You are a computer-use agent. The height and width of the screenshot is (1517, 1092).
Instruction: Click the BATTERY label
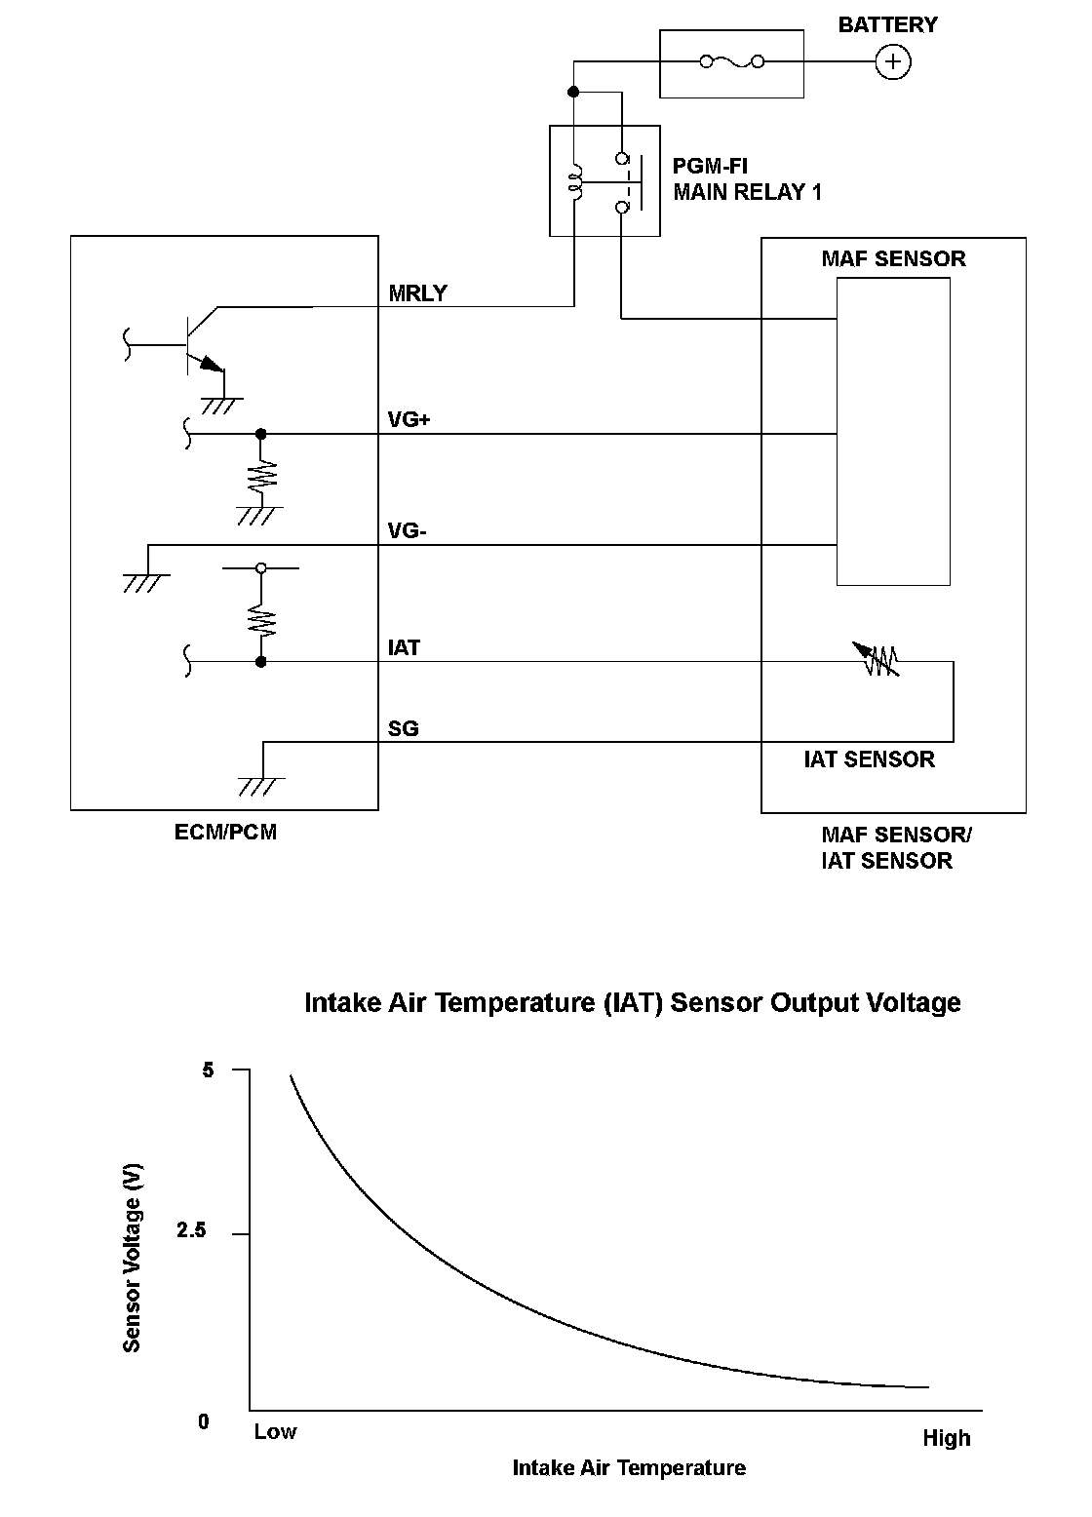pos(887,25)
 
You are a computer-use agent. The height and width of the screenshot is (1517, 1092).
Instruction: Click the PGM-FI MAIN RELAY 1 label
pos(747,179)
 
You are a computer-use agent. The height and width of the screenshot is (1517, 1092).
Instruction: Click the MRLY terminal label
pos(417,293)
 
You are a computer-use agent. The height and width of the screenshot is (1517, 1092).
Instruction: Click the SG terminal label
pos(403,728)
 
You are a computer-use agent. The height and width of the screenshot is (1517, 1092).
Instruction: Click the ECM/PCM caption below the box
pos(225,833)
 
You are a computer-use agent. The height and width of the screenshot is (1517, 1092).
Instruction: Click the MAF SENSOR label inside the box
pos(893,259)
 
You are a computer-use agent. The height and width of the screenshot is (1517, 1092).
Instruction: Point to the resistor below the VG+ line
pos(260,474)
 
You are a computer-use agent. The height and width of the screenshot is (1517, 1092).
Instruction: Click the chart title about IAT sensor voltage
pos(632,1003)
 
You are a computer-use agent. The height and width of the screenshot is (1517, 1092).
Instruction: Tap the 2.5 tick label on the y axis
pos(191,1231)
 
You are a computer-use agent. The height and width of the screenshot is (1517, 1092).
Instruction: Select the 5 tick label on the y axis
pos(207,1070)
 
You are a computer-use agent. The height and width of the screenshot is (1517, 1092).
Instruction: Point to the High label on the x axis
pos(946,1438)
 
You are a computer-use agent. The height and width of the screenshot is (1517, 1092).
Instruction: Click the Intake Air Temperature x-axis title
pos(629,1468)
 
